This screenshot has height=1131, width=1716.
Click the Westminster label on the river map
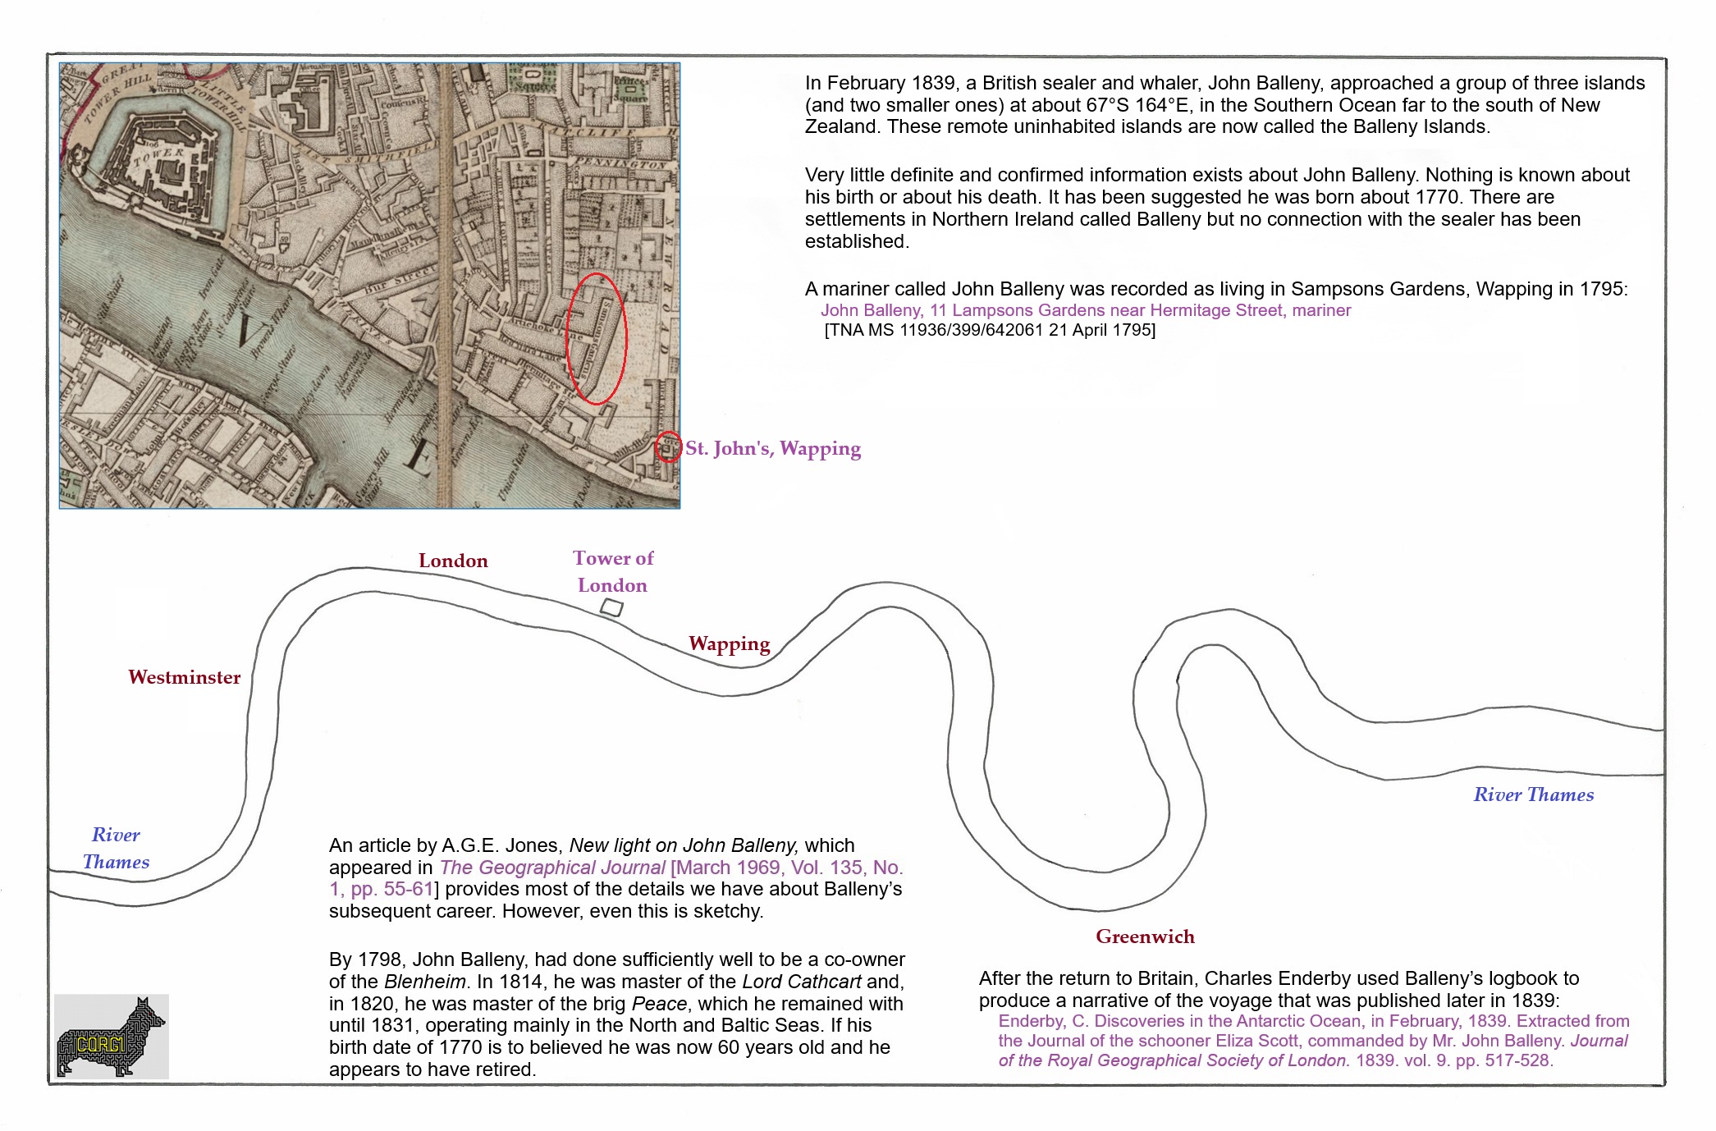[x=184, y=677]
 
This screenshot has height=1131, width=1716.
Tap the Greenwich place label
[x=1145, y=936]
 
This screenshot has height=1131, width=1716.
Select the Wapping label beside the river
[x=729, y=643]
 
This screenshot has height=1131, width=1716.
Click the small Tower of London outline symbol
[x=611, y=608]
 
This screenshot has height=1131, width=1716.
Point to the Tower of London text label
[x=613, y=571]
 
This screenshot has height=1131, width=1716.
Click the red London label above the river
[x=453, y=561]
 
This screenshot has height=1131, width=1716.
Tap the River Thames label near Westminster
[x=116, y=848]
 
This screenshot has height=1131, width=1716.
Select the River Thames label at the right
[x=1533, y=794]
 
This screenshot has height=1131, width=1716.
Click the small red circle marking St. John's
[x=668, y=447]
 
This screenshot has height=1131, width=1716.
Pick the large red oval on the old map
[x=597, y=338]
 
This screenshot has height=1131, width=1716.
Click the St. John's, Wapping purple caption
[x=773, y=448]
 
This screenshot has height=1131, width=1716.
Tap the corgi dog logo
[x=111, y=1037]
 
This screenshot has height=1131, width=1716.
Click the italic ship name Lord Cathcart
[x=801, y=982]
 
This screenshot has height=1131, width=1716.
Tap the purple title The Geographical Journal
[x=552, y=868]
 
